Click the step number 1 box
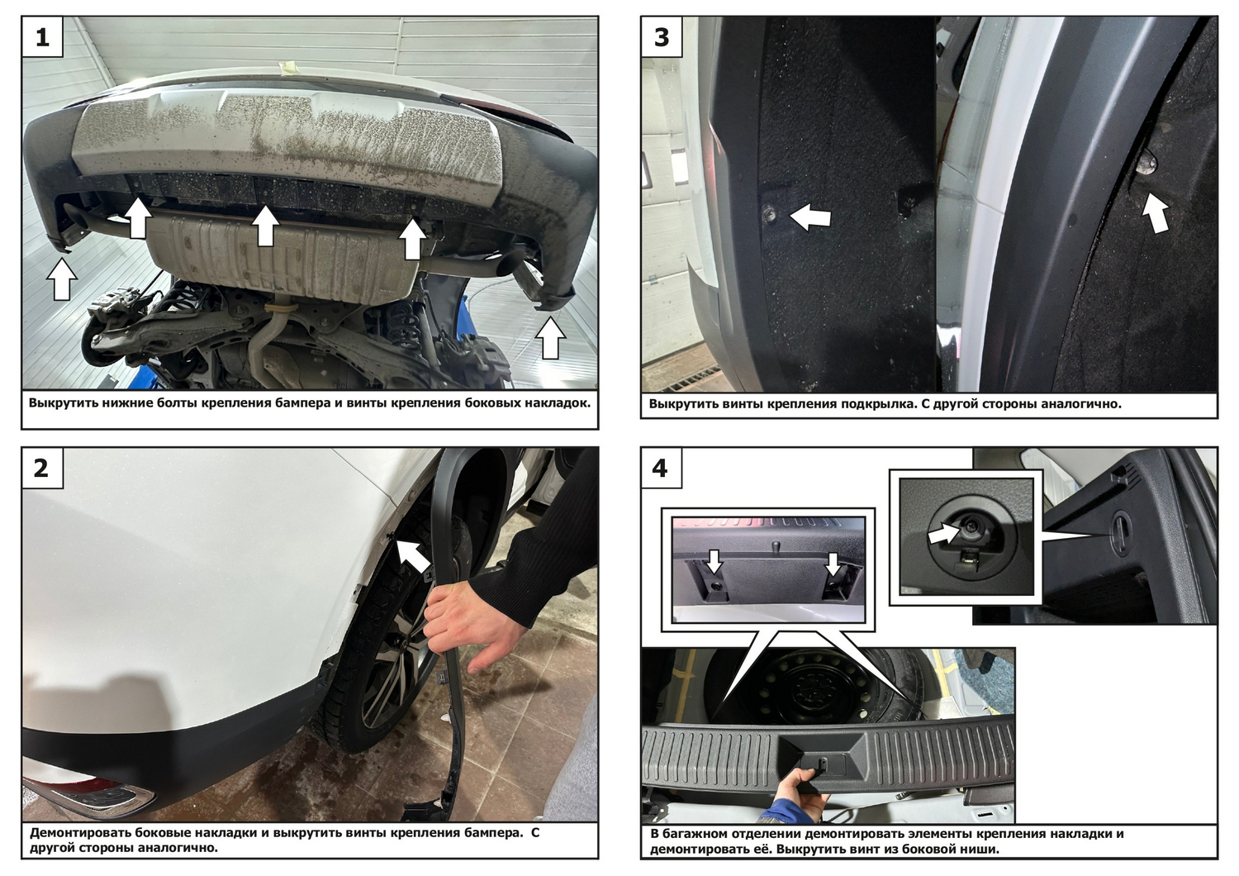coord(43,37)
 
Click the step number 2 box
coord(42,468)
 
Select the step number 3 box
coord(662,37)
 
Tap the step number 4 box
coord(662,468)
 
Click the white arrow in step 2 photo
coord(413,555)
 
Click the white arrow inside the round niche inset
coord(944,534)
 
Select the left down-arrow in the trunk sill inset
coord(714,561)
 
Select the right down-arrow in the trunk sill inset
coord(833,564)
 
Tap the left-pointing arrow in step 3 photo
coord(809,217)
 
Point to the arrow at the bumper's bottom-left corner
coord(61,280)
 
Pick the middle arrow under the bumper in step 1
coord(265,226)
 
